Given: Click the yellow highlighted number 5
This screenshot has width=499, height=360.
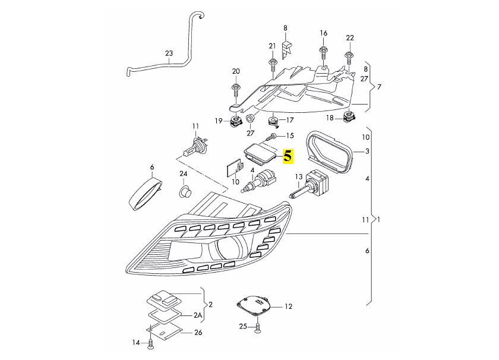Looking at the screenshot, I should tap(288, 156).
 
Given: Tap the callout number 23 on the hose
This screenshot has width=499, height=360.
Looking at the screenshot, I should tap(169, 53).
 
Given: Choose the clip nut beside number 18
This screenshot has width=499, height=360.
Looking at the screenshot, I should tap(349, 118).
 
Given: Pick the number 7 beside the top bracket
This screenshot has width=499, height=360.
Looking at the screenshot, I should tap(379, 87).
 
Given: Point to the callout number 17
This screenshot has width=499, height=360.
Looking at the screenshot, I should tap(290, 120).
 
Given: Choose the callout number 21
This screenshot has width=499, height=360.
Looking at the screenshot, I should tap(273, 46).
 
